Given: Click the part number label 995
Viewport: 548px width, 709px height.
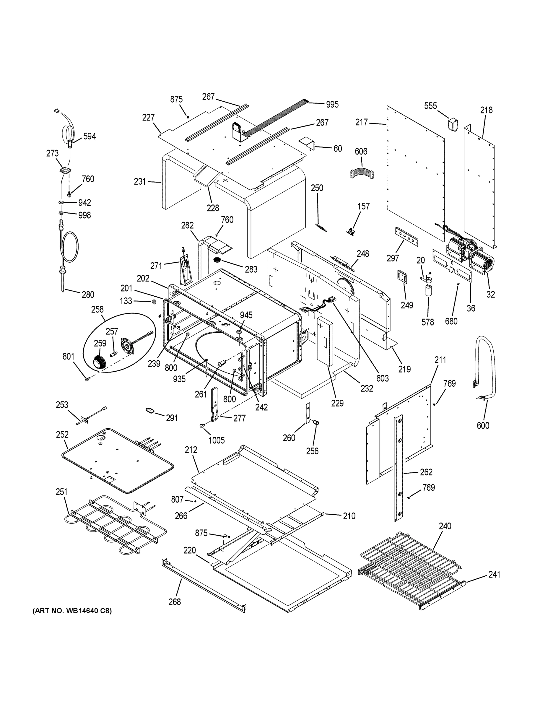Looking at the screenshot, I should [x=332, y=105].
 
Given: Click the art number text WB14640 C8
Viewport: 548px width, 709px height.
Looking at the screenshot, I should [x=72, y=611].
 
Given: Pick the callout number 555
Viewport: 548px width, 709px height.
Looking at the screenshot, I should [x=430, y=106].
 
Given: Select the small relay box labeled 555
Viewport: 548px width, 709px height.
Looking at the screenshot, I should [x=453, y=125].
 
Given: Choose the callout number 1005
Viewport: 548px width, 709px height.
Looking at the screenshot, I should [x=216, y=440].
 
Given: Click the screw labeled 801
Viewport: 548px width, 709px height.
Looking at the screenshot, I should [x=87, y=378].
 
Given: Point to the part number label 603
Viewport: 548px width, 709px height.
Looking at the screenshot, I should [x=383, y=378].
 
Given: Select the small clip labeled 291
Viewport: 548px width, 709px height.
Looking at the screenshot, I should [x=150, y=410].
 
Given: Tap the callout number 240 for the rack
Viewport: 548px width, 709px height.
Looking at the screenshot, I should [x=445, y=526].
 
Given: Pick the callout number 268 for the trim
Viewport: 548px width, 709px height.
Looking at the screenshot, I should [x=175, y=602].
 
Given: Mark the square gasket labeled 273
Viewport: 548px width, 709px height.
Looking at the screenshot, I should [x=66, y=170].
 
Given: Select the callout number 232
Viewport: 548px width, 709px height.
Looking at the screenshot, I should [x=367, y=388].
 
